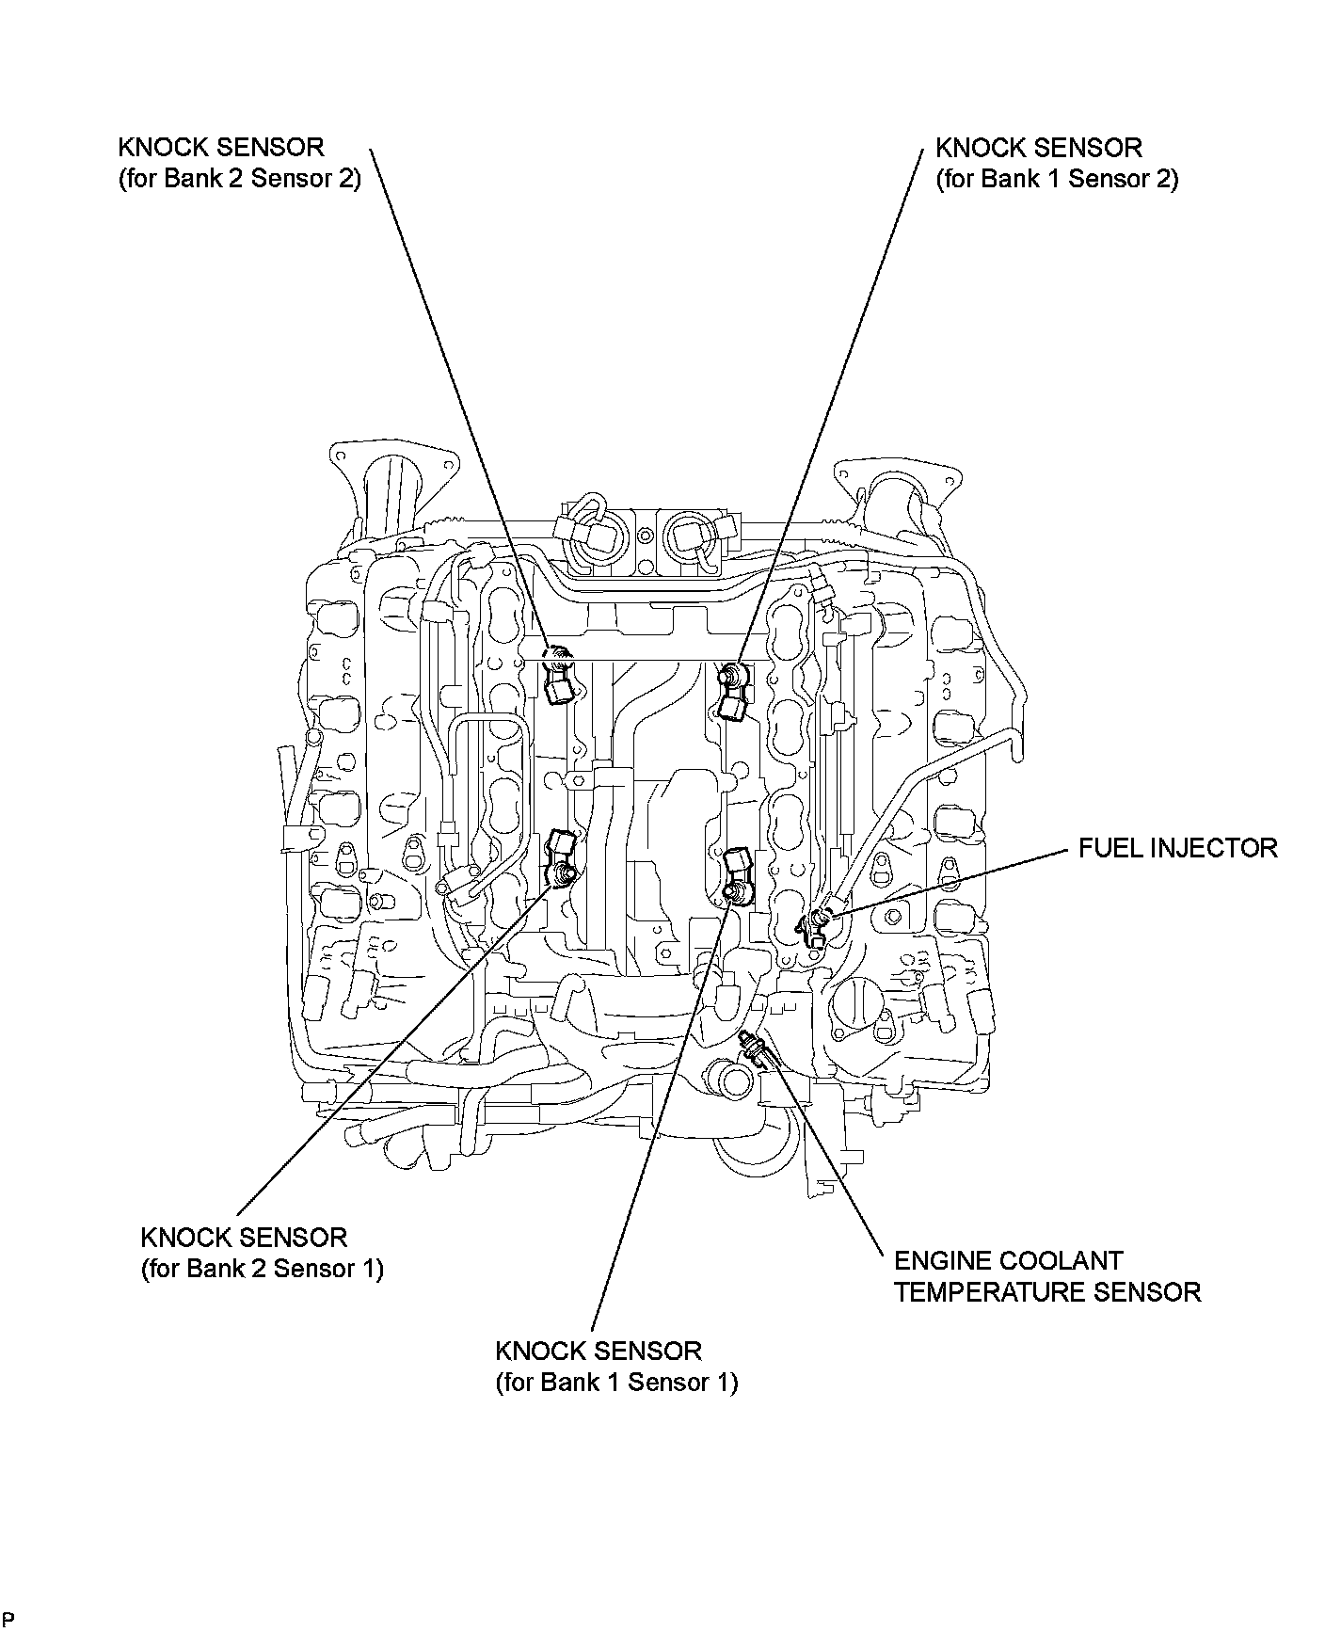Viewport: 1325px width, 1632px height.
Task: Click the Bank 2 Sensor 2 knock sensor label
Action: coord(239,163)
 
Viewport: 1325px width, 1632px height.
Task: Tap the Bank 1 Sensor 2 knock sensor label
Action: coord(1057,163)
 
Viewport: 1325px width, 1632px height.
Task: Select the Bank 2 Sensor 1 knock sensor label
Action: coord(262,1253)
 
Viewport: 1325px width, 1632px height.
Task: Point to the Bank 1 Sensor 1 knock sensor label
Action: coord(616,1367)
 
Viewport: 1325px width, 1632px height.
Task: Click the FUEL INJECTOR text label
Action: coord(1177,848)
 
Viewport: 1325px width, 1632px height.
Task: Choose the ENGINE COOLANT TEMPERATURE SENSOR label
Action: coord(1046,1276)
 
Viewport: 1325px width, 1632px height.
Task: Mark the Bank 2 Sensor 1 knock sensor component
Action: coord(561,856)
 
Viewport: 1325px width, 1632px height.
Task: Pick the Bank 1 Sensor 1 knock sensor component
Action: coord(735,874)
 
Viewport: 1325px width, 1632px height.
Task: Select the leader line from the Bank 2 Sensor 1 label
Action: coord(395,1045)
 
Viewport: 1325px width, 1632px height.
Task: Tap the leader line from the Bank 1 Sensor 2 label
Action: coord(828,405)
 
